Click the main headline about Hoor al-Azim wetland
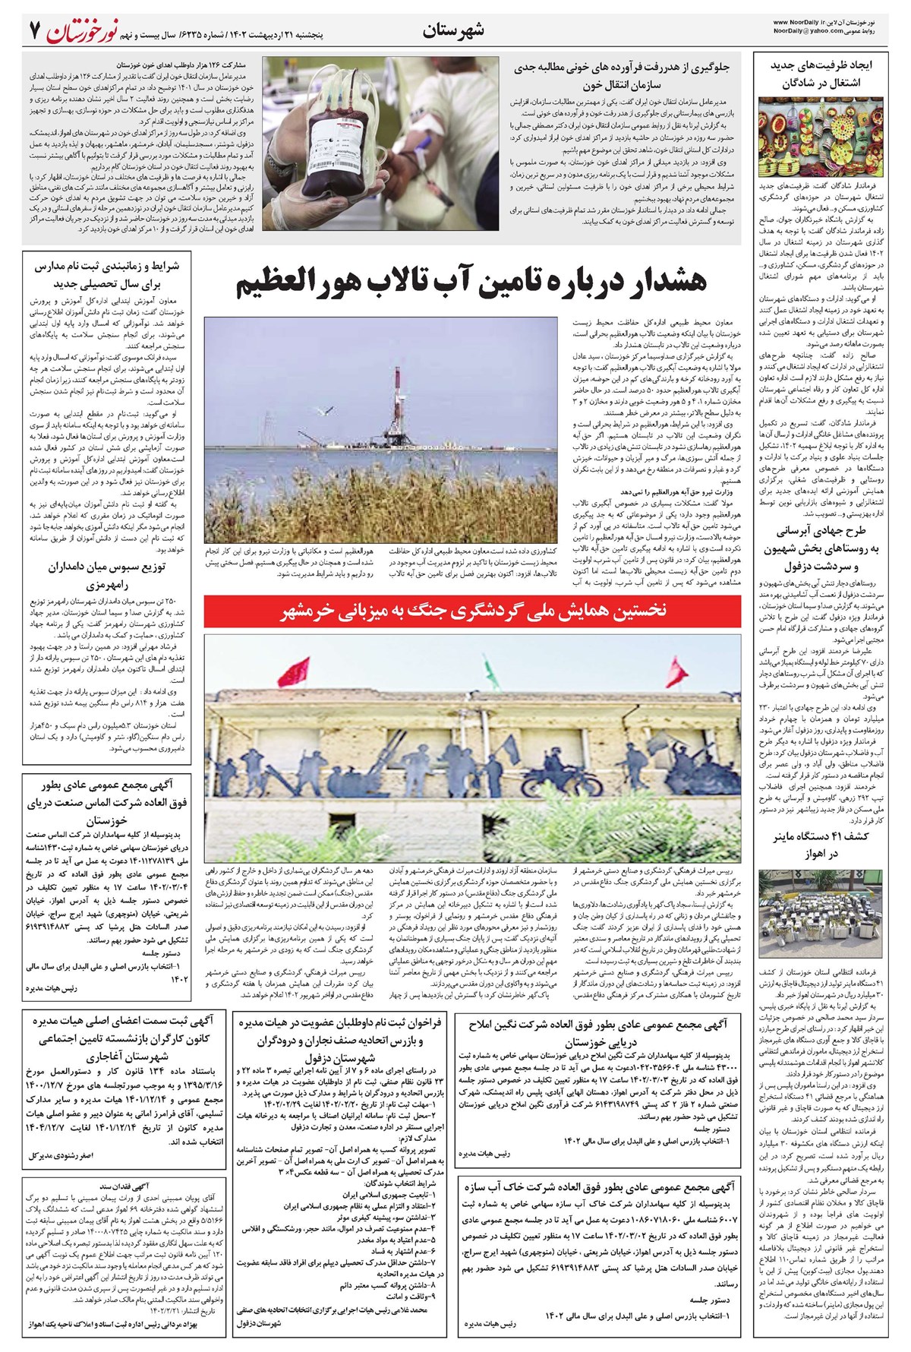point(472,283)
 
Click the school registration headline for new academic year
point(106,276)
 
